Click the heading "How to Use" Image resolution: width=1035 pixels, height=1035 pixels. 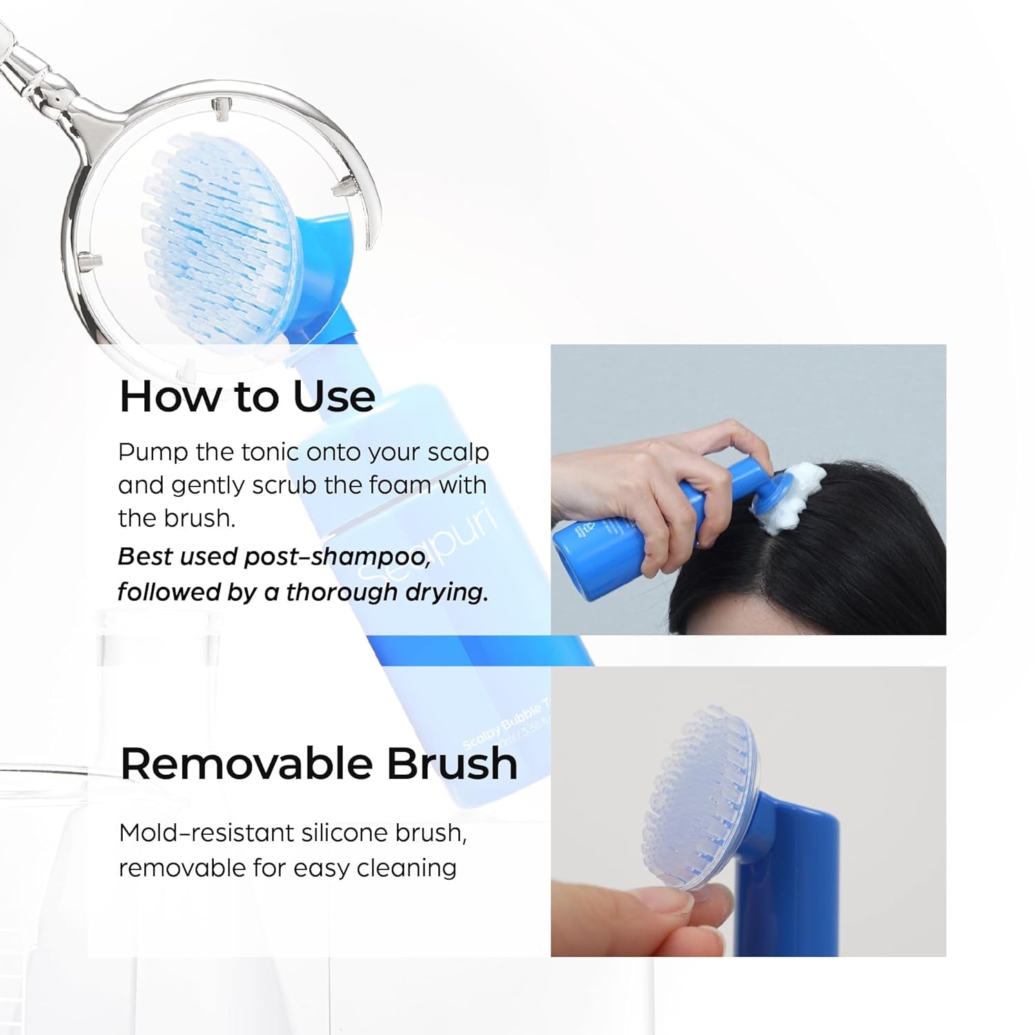coord(247,396)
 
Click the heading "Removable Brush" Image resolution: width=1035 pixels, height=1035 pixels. coord(319,764)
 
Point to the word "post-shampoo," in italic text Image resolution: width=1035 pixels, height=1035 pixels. coord(337,557)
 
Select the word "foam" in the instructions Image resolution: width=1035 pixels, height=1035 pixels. coord(400,485)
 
